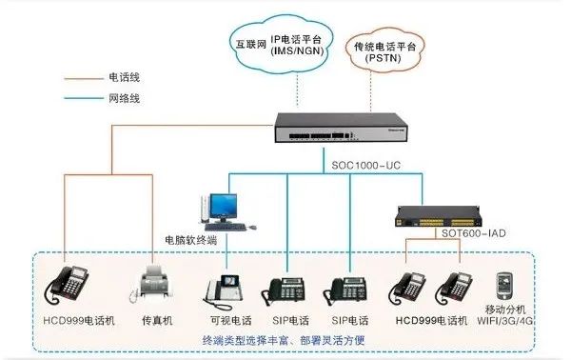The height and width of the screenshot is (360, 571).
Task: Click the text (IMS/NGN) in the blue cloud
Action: [297, 52]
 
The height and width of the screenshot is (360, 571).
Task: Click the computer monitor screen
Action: [224, 204]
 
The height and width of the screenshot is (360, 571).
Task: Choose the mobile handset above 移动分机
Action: [504, 284]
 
